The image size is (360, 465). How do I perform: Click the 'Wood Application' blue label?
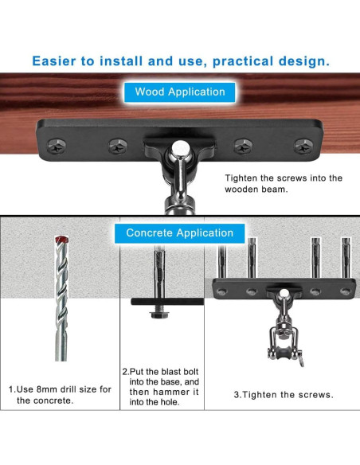click(180, 92)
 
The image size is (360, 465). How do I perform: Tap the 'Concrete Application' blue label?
click(180, 233)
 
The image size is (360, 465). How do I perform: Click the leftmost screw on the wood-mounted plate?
click(57, 147)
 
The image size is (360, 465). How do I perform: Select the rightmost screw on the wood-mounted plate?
click(303, 147)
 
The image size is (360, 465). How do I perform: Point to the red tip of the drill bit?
click(61, 240)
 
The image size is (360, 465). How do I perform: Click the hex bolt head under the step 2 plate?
click(159, 315)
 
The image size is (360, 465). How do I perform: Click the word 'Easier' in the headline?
click(54, 61)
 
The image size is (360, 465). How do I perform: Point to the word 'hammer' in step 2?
click(170, 392)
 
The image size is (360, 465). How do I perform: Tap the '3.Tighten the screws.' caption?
click(284, 395)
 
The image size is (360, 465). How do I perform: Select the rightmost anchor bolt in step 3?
click(346, 258)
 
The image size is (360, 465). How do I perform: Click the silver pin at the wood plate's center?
click(180, 147)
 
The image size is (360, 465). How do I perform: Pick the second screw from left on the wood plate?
click(118, 147)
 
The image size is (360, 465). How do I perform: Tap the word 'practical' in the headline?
click(243, 61)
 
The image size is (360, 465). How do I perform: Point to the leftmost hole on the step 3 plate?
click(221, 291)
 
